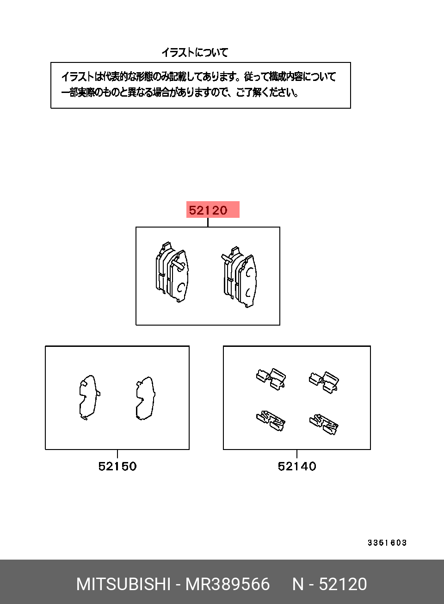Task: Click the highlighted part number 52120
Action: click(208, 210)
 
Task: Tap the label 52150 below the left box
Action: click(117, 466)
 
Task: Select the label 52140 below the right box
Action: click(297, 466)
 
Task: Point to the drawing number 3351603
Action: click(387, 542)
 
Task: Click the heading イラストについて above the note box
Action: click(195, 52)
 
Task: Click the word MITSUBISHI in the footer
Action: click(123, 584)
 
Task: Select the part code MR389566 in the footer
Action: click(228, 584)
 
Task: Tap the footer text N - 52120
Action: click(330, 584)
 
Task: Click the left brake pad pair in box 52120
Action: click(172, 271)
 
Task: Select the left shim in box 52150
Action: click(90, 398)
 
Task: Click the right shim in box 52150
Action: click(146, 398)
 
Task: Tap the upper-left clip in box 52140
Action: click(271, 379)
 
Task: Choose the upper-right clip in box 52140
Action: click(324, 382)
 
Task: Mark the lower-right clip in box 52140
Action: click(324, 425)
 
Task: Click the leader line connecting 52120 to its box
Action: click(208, 222)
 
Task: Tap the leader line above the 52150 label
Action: click(117, 454)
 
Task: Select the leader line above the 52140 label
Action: click(297, 454)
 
